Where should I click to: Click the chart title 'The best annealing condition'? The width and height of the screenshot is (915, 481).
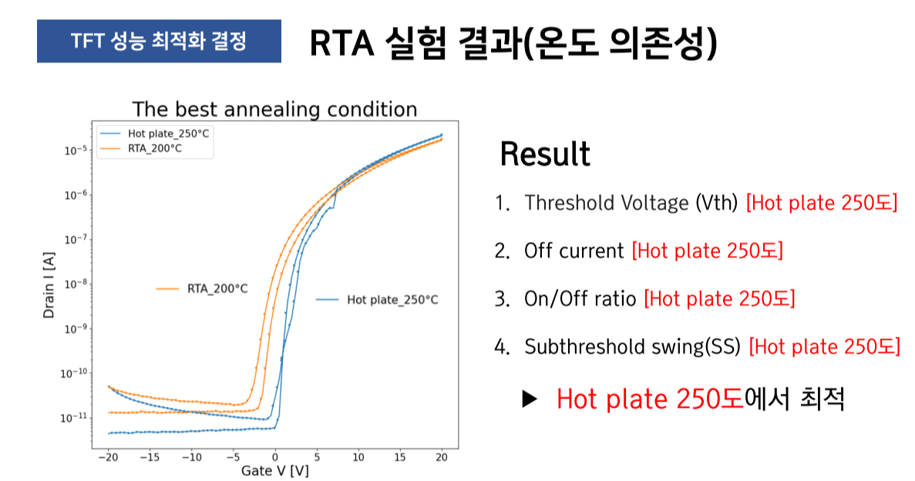coord(274,109)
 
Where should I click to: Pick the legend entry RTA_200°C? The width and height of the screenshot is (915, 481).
coord(155,148)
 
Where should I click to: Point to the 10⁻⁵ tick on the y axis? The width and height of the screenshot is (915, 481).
coord(74,151)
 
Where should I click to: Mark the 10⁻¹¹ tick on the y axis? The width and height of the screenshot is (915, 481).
coord(74,418)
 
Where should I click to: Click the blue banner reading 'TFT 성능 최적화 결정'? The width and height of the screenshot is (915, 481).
coord(158,41)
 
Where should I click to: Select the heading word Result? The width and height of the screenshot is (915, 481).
coord(545,154)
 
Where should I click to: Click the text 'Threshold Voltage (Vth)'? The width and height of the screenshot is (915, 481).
coord(631,203)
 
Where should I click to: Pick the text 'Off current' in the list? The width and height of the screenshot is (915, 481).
coord(574,251)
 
